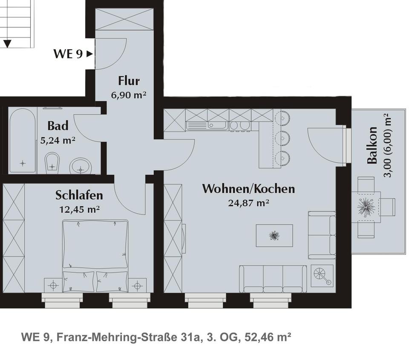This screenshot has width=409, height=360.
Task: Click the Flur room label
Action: (x=129, y=81)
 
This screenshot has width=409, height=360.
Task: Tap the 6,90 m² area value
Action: (x=129, y=95)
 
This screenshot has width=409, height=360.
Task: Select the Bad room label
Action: (x=58, y=126)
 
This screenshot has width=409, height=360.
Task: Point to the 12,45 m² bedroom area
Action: (x=80, y=209)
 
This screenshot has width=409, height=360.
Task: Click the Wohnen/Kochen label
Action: (x=248, y=189)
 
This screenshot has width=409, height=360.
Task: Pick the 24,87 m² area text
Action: (x=248, y=203)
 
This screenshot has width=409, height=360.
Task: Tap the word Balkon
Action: (x=372, y=145)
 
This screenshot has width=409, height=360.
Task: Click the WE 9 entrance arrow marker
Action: (x=89, y=54)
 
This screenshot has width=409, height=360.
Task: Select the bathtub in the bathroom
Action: (x=23, y=141)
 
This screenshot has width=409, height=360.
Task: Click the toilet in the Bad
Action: (x=52, y=163)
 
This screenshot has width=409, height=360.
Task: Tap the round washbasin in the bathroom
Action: (x=81, y=166)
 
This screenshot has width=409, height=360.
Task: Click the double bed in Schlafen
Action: (x=95, y=256)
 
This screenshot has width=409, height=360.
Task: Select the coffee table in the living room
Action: (x=274, y=235)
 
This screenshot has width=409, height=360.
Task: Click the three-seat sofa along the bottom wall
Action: (x=273, y=279)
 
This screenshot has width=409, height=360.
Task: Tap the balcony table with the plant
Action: (x=366, y=207)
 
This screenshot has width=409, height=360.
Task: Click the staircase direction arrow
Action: (x=7, y=43)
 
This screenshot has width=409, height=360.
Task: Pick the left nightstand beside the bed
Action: (x=53, y=285)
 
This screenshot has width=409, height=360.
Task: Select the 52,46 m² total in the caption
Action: (x=268, y=337)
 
